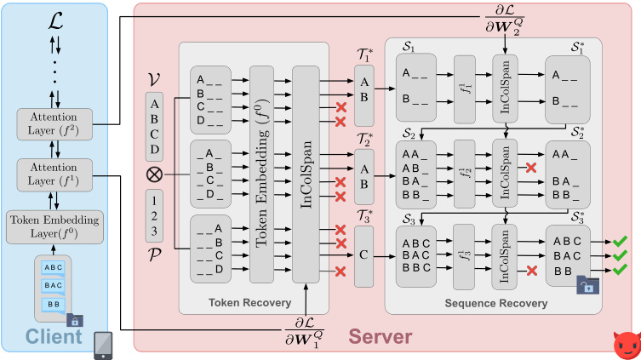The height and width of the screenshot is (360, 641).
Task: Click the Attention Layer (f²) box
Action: [54, 123]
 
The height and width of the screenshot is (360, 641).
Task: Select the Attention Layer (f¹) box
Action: [54, 175]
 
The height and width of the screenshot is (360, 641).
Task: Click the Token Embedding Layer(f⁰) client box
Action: [54, 226]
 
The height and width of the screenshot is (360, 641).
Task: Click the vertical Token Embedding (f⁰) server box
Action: [261, 174]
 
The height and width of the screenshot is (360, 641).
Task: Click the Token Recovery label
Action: [252, 302]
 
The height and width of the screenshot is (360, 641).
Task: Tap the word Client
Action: [54, 337]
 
